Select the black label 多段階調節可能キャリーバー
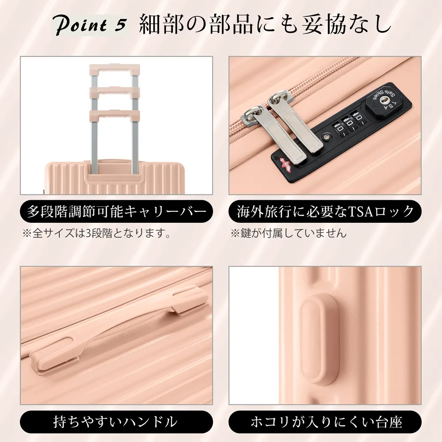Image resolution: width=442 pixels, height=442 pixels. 116,211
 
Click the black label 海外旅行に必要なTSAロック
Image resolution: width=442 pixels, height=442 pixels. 325,211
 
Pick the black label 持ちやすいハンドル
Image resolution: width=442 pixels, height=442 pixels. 116,422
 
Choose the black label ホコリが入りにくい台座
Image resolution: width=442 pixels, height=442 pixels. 325,422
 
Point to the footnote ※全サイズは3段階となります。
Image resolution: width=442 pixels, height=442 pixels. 97,233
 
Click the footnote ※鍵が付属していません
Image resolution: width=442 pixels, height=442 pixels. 288,233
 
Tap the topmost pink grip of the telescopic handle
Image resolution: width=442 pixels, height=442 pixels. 114,69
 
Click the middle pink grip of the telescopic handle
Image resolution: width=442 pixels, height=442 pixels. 114,91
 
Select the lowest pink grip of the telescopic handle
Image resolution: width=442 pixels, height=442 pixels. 114,115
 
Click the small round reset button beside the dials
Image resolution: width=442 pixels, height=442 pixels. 327,137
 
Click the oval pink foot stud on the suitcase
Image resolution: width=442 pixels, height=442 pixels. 320,339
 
